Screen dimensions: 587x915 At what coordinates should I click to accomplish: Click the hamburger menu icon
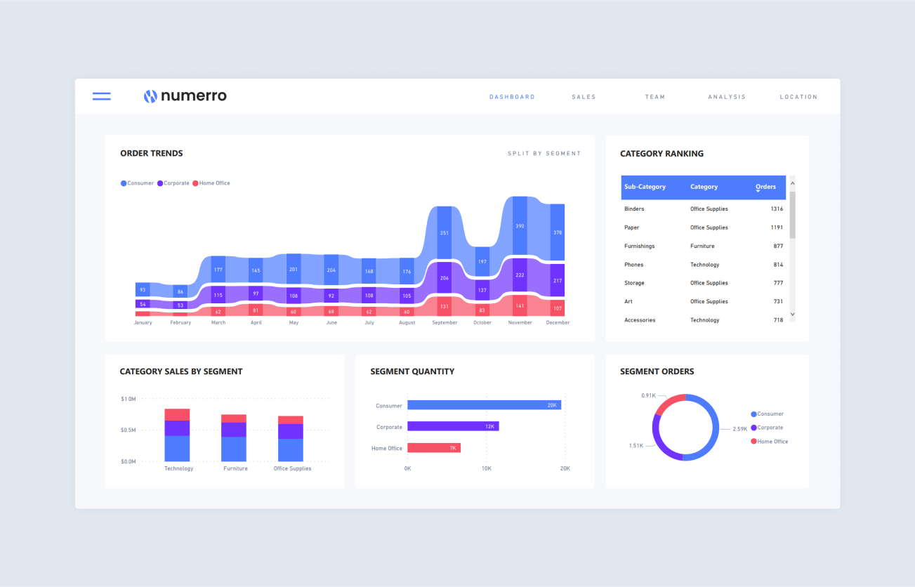click(x=102, y=96)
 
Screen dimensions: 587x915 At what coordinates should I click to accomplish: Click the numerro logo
click(x=185, y=96)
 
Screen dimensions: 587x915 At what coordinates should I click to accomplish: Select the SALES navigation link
click(x=584, y=97)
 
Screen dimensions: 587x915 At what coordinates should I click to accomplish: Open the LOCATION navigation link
click(x=798, y=97)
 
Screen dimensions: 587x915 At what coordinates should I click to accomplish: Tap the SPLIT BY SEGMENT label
click(x=544, y=153)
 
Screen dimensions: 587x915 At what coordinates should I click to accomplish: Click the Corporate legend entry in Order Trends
click(x=173, y=183)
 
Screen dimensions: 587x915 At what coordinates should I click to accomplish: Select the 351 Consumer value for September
click(x=444, y=232)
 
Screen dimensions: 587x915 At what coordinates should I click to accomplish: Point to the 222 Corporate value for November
click(x=520, y=275)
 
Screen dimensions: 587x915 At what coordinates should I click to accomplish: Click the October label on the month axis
click(x=482, y=323)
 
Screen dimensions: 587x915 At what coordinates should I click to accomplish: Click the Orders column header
click(x=765, y=187)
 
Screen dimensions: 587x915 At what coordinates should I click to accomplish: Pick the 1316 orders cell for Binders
click(x=776, y=209)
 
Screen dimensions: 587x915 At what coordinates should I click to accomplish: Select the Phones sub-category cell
click(x=633, y=265)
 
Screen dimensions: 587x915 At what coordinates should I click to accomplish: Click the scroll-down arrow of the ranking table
click(x=793, y=315)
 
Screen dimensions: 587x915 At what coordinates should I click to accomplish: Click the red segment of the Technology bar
click(x=177, y=414)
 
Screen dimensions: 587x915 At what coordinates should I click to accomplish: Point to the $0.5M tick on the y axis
click(x=129, y=430)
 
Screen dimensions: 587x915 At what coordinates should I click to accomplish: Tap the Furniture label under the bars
click(x=235, y=468)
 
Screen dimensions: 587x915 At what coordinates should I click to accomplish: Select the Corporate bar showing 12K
click(x=453, y=426)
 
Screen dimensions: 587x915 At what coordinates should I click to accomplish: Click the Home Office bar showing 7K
click(x=433, y=448)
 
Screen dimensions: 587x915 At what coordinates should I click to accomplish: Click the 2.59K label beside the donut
click(x=740, y=429)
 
